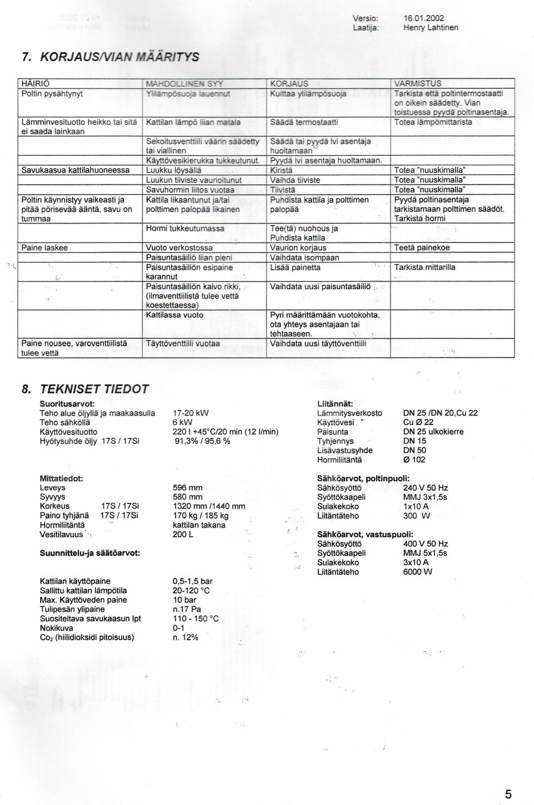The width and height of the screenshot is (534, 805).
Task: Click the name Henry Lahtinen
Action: click(x=431, y=27)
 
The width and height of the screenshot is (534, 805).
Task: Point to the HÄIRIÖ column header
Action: click(x=36, y=84)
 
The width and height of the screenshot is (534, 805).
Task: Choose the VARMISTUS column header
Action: click(x=418, y=84)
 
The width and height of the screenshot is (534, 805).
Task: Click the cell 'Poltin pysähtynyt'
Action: click(x=52, y=93)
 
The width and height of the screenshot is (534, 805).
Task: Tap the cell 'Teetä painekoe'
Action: click(x=422, y=248)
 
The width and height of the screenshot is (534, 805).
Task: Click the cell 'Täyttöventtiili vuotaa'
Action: click(x=182, y=344)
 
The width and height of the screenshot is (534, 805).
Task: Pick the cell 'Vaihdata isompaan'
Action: click(x=304, y=258)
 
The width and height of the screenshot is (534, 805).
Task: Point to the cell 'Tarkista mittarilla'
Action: click(x=424, y=268)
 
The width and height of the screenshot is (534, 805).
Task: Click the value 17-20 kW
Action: click(x=191, y=413)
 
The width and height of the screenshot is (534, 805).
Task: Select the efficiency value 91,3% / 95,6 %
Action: click(x=202, y=441)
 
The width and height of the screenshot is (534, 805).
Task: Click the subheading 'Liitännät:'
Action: click(x=335, y=403)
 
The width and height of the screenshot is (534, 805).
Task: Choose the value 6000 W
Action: click(x=418, y=572)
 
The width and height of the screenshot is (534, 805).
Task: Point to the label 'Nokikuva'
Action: click(x=56, y=628)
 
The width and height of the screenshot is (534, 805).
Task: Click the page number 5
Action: click(x=508, y=779)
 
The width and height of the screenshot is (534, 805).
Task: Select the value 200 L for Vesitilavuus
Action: click(x=183, y=535)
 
